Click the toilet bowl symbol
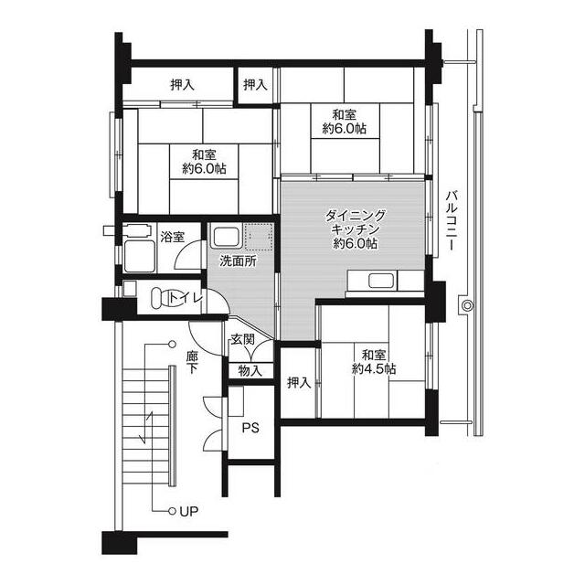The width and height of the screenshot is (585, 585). [159, 298]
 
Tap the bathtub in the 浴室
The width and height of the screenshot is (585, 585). [139, 256]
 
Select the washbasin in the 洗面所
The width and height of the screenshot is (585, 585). [226, 237]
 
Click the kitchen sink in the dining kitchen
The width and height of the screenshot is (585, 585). [381, 281]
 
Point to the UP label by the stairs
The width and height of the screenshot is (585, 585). [189, 511]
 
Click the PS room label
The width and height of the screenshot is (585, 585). [250, 428]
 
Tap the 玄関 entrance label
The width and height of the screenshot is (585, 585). [243, 339]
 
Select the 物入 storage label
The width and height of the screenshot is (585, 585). [250, 371]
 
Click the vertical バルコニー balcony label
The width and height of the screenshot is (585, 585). [452, 220]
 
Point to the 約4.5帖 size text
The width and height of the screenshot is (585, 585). [374, 369]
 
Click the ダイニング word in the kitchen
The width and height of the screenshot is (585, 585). [356, 216]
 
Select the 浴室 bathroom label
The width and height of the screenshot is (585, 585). [173, 237]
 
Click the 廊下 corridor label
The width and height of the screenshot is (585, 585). [193, 362]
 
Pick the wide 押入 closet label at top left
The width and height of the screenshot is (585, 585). [183, 85]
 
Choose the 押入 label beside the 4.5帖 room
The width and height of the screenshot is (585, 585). [299, 382]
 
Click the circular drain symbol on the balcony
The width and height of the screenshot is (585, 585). [467, 306]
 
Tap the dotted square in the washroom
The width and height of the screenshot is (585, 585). [259, 237]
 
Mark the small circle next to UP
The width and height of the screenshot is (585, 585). [172, 512]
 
